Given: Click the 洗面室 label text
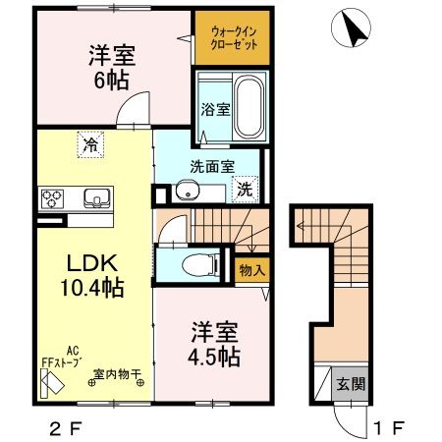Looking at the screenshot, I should pos(213,166).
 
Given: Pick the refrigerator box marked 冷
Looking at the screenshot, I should pos(89,146).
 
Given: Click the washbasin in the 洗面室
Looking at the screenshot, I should pos(188,191).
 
